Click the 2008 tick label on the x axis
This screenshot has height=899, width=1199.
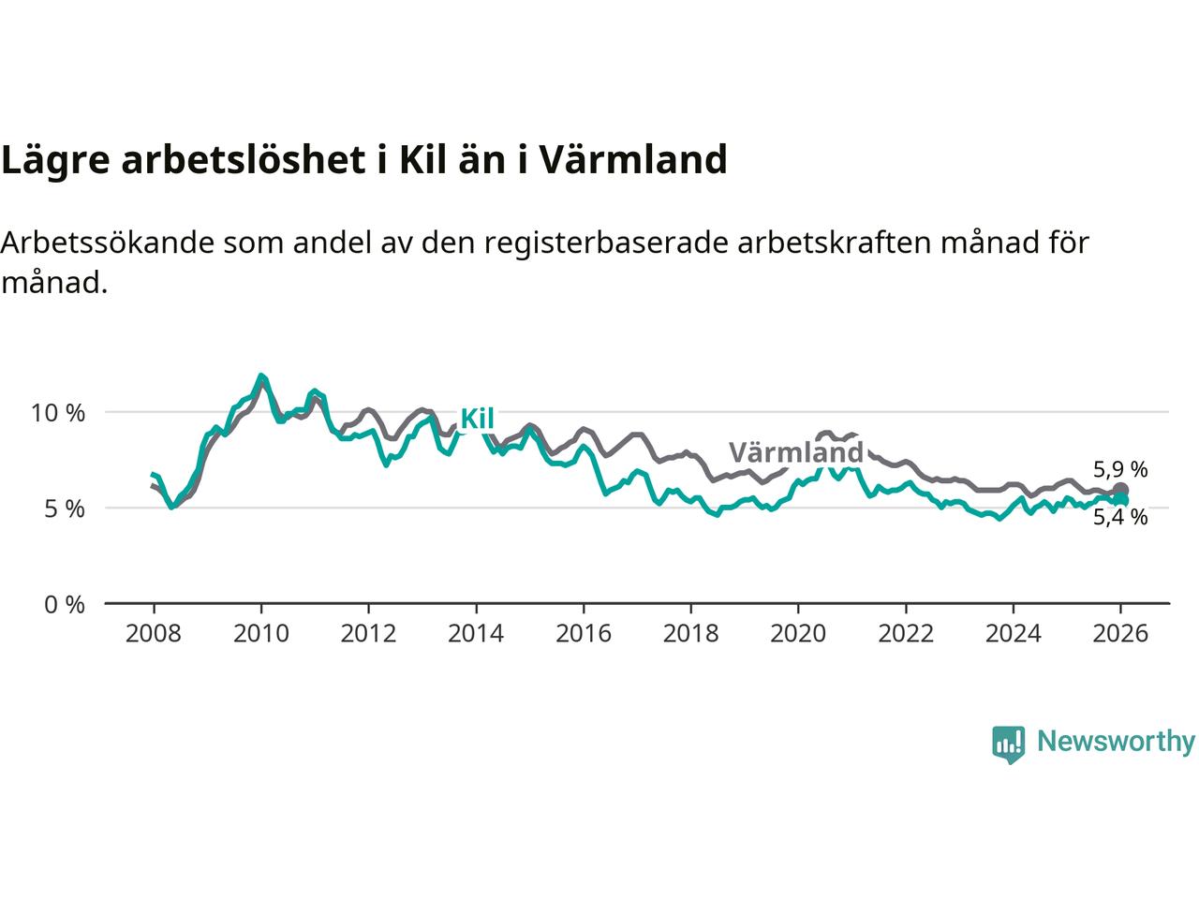(x=153, y=634)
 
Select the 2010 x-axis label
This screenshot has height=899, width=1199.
(x=260, y=634)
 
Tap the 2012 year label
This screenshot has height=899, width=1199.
(x=368, y=634)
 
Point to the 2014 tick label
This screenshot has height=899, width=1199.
(x=476, y=634)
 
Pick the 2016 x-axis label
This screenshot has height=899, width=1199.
(x=584, y=634)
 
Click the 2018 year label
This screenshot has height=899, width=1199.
(x=690, y=634)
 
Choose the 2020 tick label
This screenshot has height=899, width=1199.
(x=798, y=634)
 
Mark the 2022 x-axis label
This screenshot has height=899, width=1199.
(x=906, y=634)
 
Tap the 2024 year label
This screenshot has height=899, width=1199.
(x=1014, y=634)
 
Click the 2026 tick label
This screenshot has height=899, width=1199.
(x=1120, y=634)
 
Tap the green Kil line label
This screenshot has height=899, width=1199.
(x=477, y=420)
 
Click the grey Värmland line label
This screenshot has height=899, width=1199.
(x=795, y=454)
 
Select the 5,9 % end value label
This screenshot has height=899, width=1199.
(x=1120, y=470)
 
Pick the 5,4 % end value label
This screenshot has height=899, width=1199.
(x=1120, y=518)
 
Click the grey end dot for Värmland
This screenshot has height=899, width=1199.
(x=1120, y=491)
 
